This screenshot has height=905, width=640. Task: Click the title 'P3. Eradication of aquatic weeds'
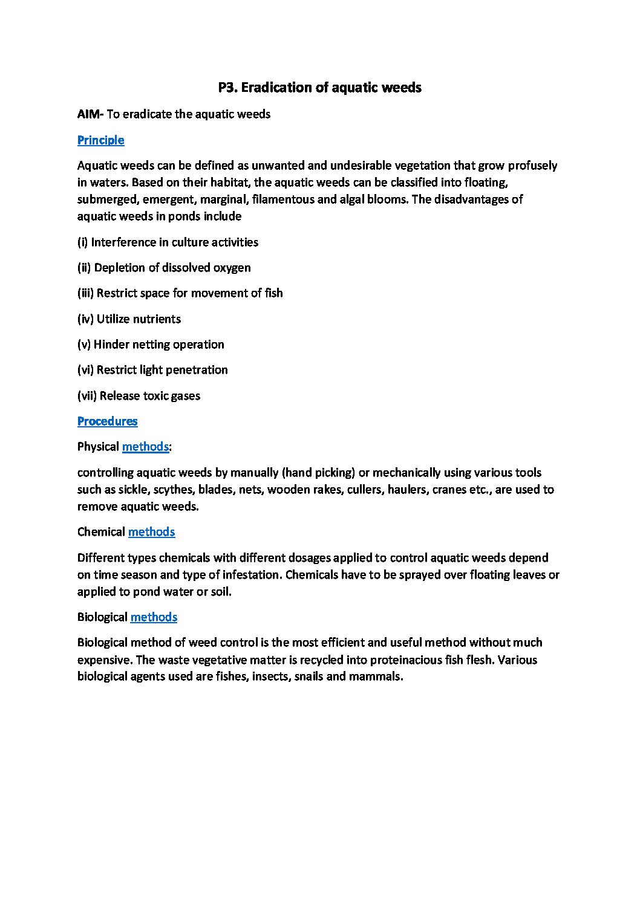pyautogui.click(x=319, y=88)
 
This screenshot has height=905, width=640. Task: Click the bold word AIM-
pyautogui.click(x=91, y=114)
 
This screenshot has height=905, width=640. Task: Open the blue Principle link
pyautogui.click(x=100, y=140)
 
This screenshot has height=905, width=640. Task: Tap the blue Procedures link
pyautogui.click(x=107, y=421)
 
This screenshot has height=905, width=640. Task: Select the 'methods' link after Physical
pyautogui.click(x=145, y=447)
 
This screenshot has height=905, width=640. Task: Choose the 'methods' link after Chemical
pyautogui.click(x=151, y=532)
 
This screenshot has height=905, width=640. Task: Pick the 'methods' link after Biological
pyautogui.click(x=154, y=617)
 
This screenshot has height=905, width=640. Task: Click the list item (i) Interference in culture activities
pyautogui.click(x=168, y=242)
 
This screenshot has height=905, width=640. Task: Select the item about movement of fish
pyautogui.click(x=180, y=293)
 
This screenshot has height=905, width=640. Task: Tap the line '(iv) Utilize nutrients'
pyautogui.click(x=129, y=319)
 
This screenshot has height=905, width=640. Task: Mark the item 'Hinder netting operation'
pyautogui.click(x=151, y=345)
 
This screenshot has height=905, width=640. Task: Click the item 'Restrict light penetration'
pyautogui.click(x=152, y=370)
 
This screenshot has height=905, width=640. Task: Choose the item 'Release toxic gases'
pyautogui.click(x=139, y=396)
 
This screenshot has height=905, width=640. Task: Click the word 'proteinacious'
pyautogui.click(x=403, y=660)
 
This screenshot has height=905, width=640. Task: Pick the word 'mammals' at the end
pyautogui.click(x=379, y=677)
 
